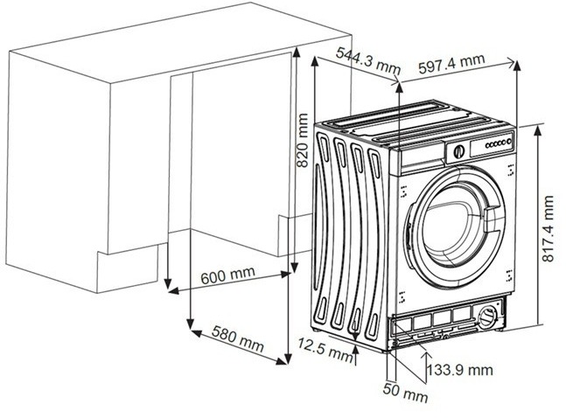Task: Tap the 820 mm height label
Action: (x=303, y=143)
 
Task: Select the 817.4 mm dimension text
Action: (x=547, y=229)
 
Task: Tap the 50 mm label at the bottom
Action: (x=405, y=395)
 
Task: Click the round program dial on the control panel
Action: (x=457, y=150)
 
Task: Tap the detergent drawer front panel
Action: (x=421, y=158)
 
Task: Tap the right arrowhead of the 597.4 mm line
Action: (x=514, y=63)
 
